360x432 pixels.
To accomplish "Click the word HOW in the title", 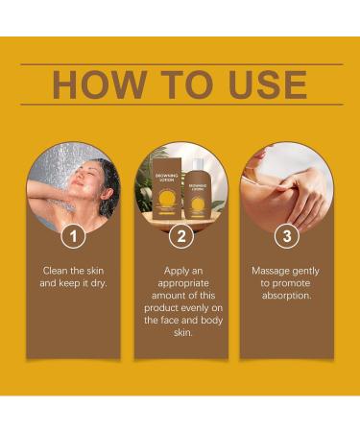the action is [x=100, y=84].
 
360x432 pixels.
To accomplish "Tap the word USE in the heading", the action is [x=268, y=84].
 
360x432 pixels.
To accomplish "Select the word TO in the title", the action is [x=187, y=84].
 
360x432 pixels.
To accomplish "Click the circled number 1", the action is [x=74, y=236].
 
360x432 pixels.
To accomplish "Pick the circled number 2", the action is [x=181, y=236].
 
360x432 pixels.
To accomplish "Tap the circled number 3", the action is [x=287, y=236].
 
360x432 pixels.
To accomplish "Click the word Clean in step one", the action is [x=55, y=271].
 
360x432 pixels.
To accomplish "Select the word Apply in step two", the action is [x=176, y=272].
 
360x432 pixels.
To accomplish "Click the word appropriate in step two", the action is [x=183, y=284].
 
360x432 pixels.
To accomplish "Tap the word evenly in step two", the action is [x=195, y=308].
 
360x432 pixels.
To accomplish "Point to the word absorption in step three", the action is [x=286, y=296].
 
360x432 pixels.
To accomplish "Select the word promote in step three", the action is [x=291, y=284].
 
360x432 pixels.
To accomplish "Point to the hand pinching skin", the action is [x=300, y=196].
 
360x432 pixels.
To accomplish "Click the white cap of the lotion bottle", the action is [x=198, y=164].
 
